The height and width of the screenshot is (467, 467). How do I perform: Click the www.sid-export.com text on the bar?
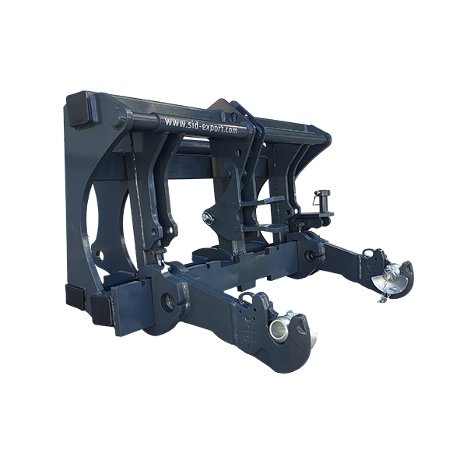202,125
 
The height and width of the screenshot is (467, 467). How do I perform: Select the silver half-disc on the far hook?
387,283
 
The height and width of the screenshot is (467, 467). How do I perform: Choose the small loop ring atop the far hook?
369,252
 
